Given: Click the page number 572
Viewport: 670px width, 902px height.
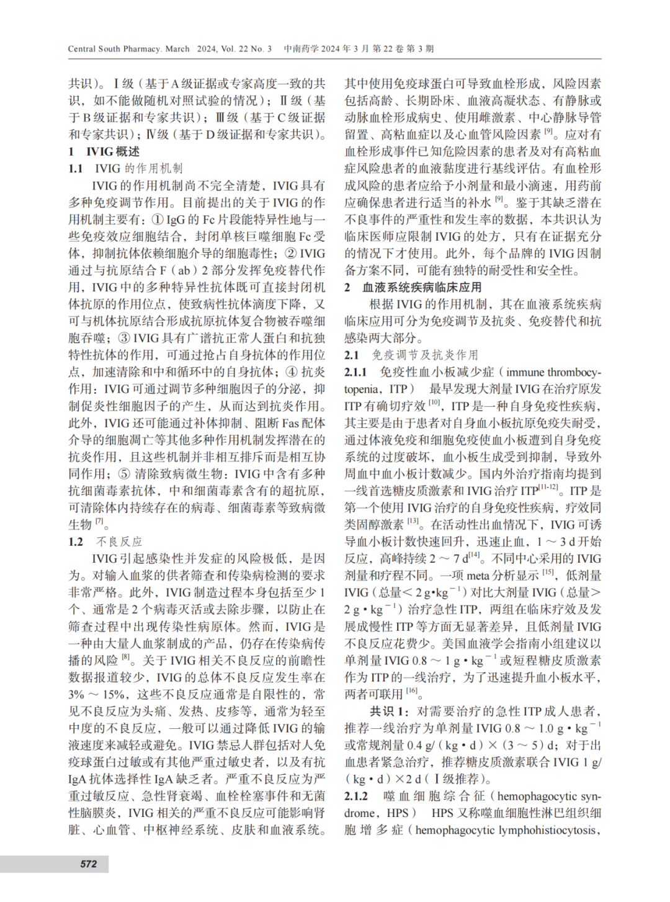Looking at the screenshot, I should (88, 864).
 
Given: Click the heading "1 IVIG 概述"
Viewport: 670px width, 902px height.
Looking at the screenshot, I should (104, 151).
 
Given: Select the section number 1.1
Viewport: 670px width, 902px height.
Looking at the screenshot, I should (76, 168).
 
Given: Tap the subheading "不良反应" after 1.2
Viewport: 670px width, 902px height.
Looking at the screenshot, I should (120, 542).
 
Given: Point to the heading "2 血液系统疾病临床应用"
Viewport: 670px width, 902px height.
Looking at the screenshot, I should (413, 287).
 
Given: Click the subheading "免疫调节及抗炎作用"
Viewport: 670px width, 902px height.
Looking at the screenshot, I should (425, 355).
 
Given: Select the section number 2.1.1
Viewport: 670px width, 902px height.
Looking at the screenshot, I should (356, 372).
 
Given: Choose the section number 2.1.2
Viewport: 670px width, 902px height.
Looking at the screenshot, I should (356, 796).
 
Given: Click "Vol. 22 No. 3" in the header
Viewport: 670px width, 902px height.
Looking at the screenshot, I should (246, 49).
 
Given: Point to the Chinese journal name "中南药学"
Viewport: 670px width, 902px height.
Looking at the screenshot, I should (301, 49).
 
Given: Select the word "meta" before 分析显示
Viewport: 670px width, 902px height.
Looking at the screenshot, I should (478, 576).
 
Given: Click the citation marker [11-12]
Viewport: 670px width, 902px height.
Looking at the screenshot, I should (548, 487).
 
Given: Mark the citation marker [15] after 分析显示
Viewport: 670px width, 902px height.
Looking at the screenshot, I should (548, 573).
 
